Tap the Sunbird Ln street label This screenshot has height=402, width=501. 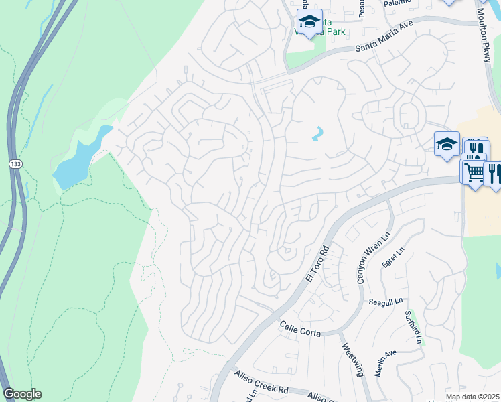coord(413,328)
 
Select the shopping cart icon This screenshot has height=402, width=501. coord(474,172)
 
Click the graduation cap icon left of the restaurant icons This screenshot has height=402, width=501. coord(447,144)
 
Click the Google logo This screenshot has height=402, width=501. coord(22,394)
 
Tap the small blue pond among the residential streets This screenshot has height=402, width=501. coord(317,134)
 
